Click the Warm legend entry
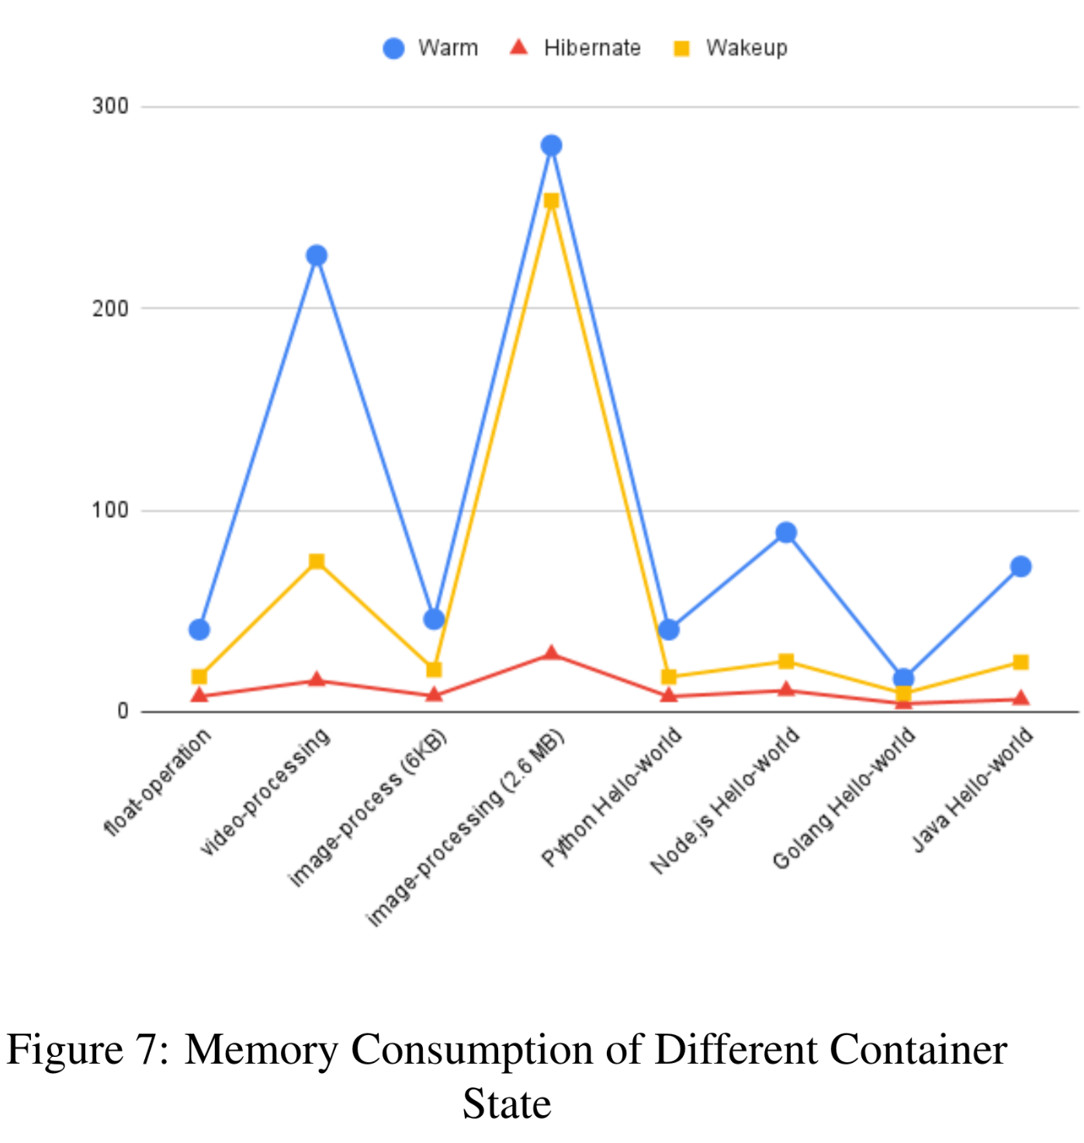click(x=431, y=48)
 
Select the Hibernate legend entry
click(x=575, y=48)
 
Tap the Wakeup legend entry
click(x=730, y=48)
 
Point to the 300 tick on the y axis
click(x=110, y=106)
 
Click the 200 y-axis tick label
click(x=110, y=308)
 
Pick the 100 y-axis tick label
click(x=110, y=511)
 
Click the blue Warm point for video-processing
click(x=317, y=255)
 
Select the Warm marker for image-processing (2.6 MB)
click(x=551, y=145)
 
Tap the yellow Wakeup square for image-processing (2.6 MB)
click(x=551, y=201)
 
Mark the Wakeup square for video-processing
click(x=317, y=561)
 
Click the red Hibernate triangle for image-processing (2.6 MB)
click(x=551, y=653)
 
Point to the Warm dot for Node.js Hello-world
click(x=786, y=532)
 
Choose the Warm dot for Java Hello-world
click(x=1020, y=566)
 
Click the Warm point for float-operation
click(x=199, y=629)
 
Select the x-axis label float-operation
click(x=158, y=781)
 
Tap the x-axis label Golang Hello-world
click(x=845, y=798)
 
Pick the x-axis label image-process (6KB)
click(x=369, y=808)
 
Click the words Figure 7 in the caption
click(x=87, y=1050)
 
